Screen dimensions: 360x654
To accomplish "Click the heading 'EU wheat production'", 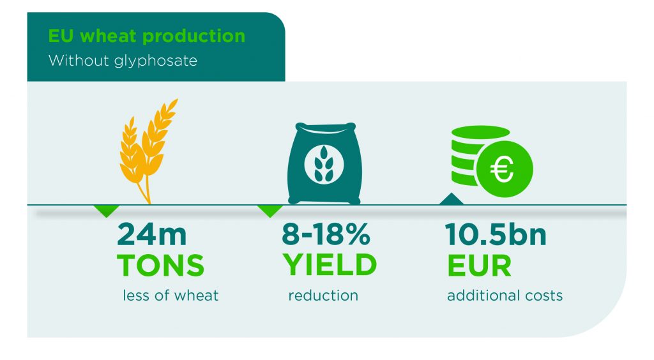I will (x=146, y=36).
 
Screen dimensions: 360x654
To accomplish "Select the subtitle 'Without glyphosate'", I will (x=123, y=61).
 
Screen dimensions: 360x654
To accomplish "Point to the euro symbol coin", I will (x=503, y=170).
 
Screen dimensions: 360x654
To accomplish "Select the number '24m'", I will (x=153, y=235).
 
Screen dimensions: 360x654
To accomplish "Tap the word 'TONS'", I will (x=160, y=265).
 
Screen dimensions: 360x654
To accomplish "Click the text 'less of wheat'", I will (x=171, y=296).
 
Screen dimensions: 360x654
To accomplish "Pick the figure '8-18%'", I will (x=326, y=235).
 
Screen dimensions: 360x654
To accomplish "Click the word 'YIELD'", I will (x=330, y=265).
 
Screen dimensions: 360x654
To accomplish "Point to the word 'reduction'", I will (x=323, y=296).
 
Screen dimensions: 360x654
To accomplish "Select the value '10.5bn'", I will (x=496, y=235).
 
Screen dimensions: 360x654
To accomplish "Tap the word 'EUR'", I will (x=479, y=265).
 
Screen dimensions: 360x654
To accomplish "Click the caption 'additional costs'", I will (x=505, y=296).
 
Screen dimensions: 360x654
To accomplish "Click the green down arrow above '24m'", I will (x=106, y=210).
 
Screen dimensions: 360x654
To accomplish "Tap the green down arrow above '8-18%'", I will (x=270, y=210).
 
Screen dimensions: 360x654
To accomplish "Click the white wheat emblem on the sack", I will (x=322, y=165).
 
